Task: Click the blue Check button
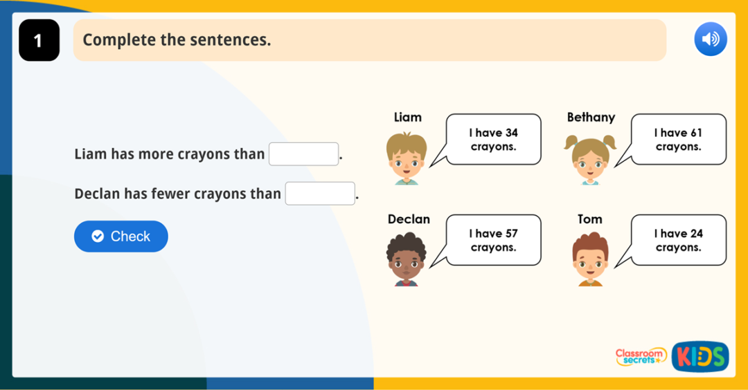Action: click(x=121, y=236)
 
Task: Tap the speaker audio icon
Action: click(x=710, y=39)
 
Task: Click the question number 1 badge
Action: click(x=39, y=40)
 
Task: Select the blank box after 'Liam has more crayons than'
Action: click(x=303, y=154)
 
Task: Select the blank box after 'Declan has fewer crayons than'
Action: click(x=320, y=194)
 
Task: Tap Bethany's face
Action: click(x=590, y=160)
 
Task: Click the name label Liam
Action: click(x=407, y=118)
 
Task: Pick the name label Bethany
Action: click(x=591, y=118)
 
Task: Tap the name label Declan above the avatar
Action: click(x=409, y=219)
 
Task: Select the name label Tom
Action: click(x=590, y=219)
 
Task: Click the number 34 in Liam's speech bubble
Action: click(x=510, y=133)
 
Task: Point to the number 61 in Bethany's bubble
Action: click(x=695, y=133)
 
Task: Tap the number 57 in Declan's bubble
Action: click(x=510, y=234)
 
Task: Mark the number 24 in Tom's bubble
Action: click(x=695, y=234)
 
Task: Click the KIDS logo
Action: click(x=700, y=357)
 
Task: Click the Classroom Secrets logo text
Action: click(x=641, y=356)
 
